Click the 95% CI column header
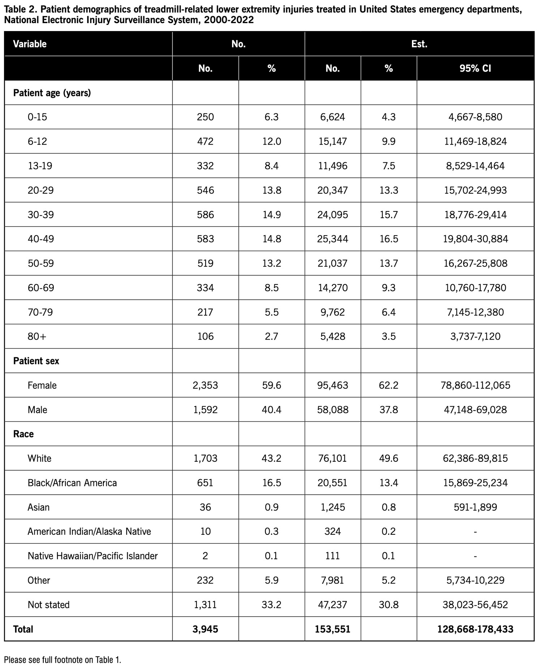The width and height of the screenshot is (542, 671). coord(475,68)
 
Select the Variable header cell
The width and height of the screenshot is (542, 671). coord(30,44)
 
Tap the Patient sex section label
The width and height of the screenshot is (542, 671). coord(36,361)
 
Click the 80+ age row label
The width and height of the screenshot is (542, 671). coord(37,336)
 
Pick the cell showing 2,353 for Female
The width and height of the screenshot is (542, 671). coord(205,385)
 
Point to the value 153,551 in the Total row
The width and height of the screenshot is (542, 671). coord(332,629)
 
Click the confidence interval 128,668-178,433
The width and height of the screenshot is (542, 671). coord(475,629)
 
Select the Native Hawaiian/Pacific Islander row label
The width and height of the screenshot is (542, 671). coord(93,556)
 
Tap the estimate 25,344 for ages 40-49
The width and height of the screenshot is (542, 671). coord(332,239)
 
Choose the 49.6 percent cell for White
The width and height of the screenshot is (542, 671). coord(388,459)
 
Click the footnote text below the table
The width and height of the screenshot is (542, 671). coord(63,660)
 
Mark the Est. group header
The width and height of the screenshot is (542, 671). coord(419,44)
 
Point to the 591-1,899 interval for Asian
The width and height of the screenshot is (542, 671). coord(475,507)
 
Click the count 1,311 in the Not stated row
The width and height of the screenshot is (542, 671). coord(205,605)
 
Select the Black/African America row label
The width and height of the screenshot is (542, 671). coord(72,483)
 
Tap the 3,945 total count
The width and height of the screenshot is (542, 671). coord(205,629)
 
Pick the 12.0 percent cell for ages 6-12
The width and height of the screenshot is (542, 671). coord(271,141)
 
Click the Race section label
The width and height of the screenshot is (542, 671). coord(23,434)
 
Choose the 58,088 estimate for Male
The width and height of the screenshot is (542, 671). coord(332,410)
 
